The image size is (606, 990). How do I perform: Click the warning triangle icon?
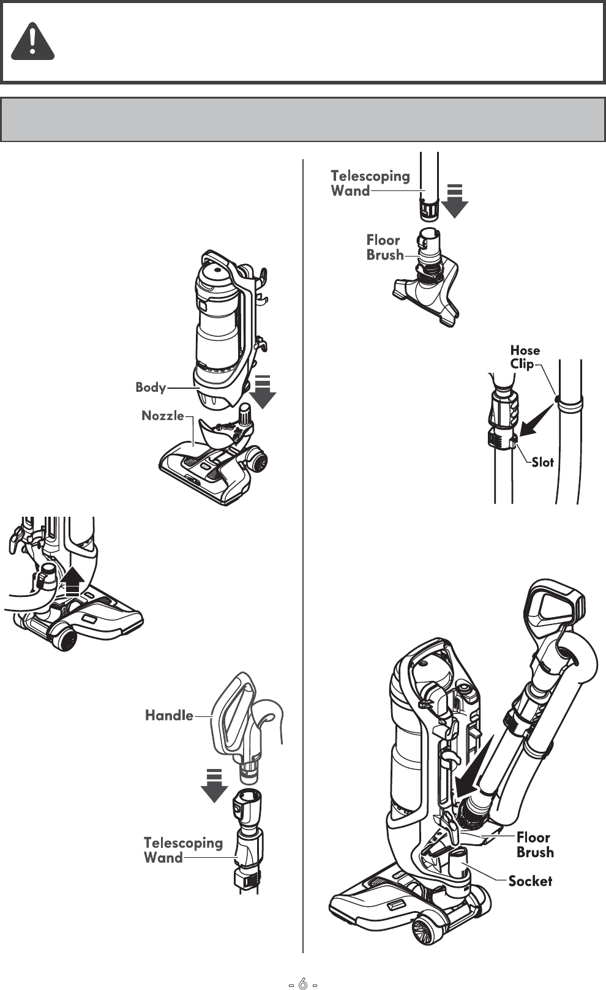pos(33,42)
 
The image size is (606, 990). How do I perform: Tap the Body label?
pos(151,387)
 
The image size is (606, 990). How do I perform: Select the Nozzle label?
pos(163,416)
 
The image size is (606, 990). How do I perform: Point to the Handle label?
pos(169,715)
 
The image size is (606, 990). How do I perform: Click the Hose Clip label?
pos(525,357)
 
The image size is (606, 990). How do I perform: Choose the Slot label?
pos(542,462)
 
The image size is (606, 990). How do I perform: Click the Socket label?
pos(530,881)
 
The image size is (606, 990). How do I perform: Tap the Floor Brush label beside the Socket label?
pos(534,845)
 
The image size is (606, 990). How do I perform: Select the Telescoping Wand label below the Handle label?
pos(182,850)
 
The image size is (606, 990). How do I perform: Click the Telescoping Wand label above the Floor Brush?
pos(370,183)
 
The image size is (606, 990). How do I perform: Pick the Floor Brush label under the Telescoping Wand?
pos(385,247)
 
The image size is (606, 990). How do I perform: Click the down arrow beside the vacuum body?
pos(263,392)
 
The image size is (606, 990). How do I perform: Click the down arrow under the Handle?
pos(214,786)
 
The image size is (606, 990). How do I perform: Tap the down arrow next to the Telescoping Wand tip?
pos(454,201)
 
